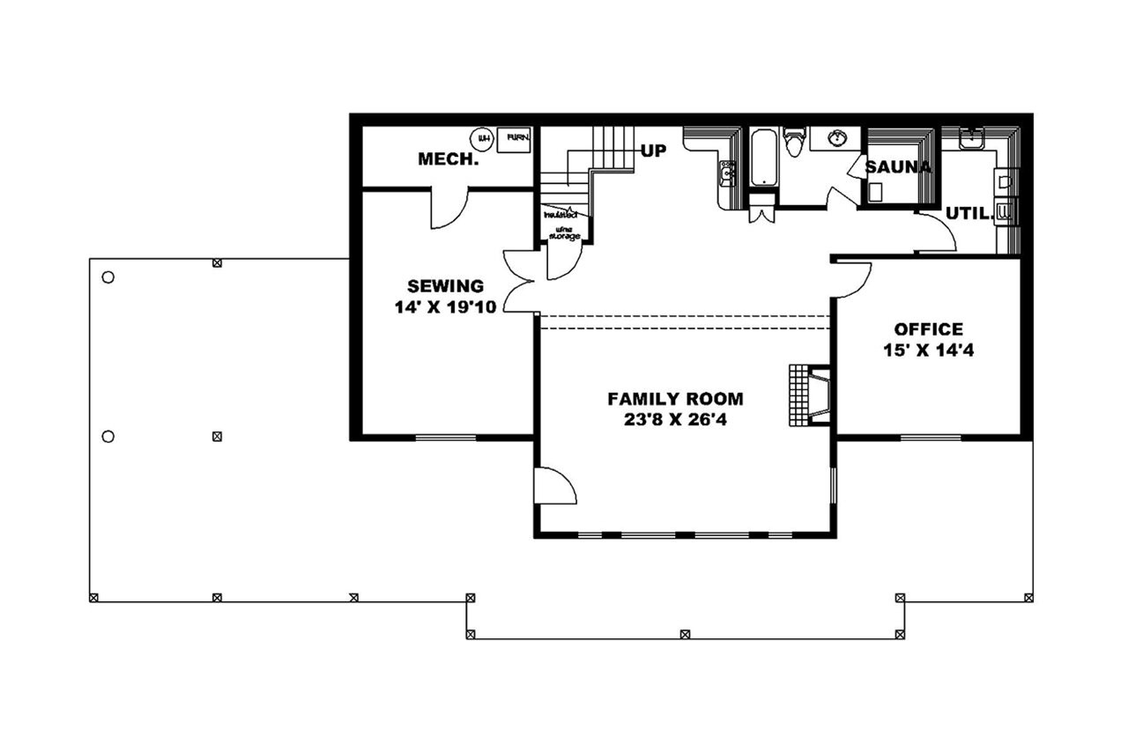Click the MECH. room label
pos(448,159)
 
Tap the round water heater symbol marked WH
pos(482,138)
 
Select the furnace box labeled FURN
pos(516,139)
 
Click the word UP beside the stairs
pos(653,151)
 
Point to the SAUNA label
pos(897,167)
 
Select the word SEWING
pos(445,286)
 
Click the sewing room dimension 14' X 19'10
pos(445,306)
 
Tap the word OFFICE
pos(928,329)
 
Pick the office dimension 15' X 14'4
pos(928,350)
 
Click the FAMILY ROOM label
pos(675,399)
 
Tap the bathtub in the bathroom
pos(763,158)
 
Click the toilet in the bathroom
pos(794,143)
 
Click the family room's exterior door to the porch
pos(555,486)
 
